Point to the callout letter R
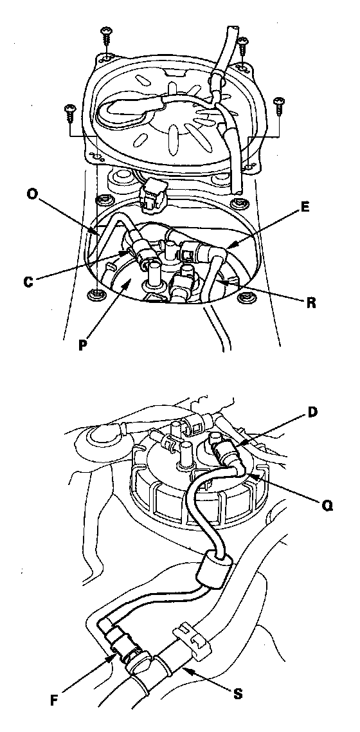point(311,302)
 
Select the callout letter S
point(238,694)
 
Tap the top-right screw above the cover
point(242,48)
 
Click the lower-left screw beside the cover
point(70,113)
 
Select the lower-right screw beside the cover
point(279,106)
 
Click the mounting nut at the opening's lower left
point(96,295)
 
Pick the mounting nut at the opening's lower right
point(246,297)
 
